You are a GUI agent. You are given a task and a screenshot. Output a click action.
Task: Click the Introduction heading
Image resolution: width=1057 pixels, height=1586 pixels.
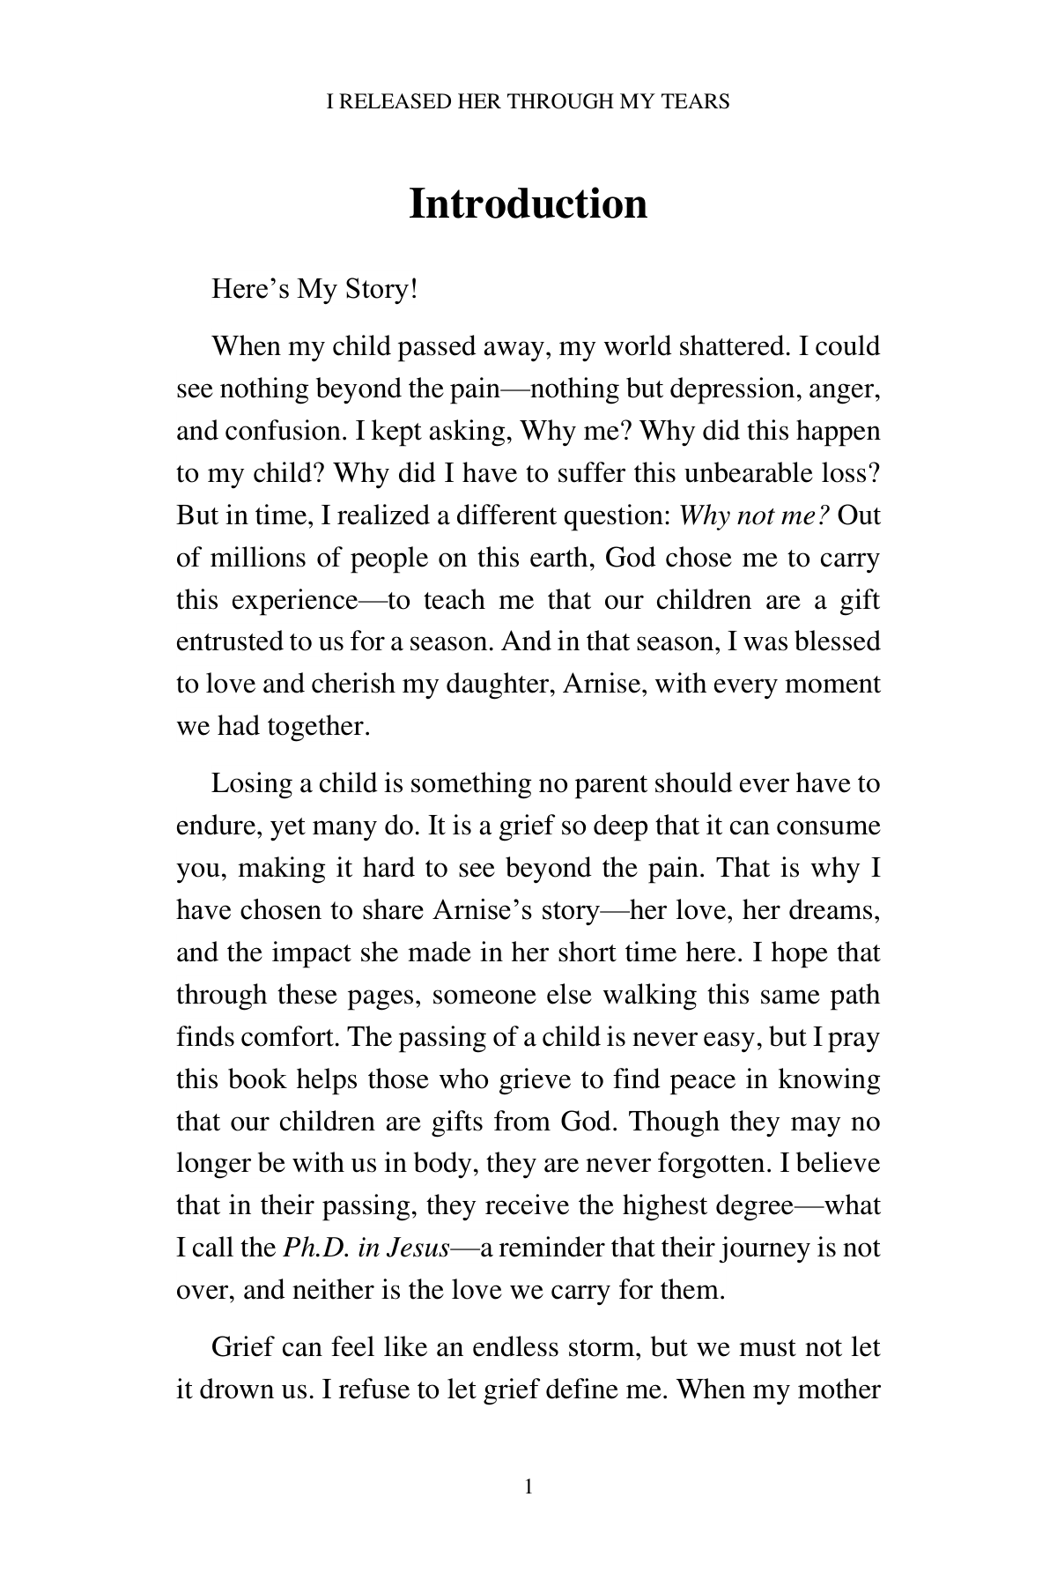(528, 204)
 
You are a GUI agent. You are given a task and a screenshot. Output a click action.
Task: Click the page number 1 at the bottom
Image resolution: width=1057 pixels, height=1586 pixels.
(528, 1488)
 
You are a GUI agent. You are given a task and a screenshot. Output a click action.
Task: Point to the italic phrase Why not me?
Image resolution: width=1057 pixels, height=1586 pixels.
(755, 515)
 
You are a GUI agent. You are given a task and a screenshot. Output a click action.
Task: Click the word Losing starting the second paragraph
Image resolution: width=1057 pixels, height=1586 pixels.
(251, 783)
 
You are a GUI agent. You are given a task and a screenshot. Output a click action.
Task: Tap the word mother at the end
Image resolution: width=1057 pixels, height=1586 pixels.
(839, 1390)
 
